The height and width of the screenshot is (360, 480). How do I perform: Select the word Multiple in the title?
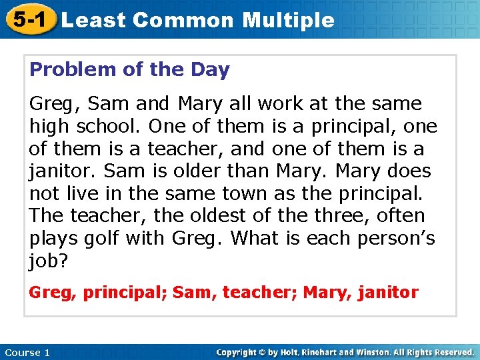[x=288, y=20]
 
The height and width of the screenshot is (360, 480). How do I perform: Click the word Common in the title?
[x=183, y=20]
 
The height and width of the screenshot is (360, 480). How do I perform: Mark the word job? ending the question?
[x=49, y=261]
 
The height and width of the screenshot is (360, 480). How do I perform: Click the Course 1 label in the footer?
[x=27, y=352]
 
